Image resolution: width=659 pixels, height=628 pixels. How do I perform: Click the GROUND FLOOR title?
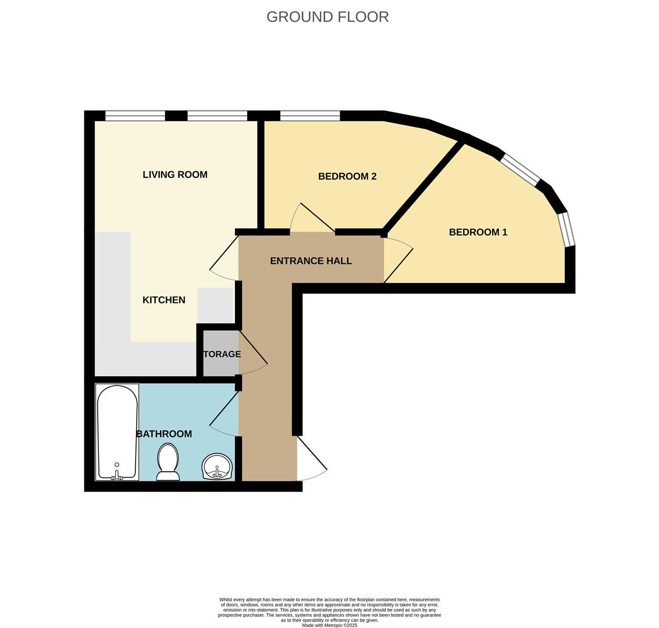pyautogui.click(x=327, y=17)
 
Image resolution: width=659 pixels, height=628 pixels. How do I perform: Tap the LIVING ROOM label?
pyautogui.click(x=174, y=174)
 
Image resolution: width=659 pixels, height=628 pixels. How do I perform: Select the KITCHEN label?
pyautogui.click(x=163, y=300)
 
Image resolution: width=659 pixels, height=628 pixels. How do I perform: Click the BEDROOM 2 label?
pyautogui.click(x=347, y=176)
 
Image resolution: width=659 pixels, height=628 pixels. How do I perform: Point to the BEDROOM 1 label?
pyautogui.click(x=478, y=232)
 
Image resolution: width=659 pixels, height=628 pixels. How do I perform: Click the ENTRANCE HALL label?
pyautogui.click(x=311, y=261)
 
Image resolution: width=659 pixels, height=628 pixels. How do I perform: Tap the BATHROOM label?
pyautogui.click(x=163, y=434)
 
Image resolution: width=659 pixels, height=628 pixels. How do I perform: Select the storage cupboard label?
pyautogui.click(x=221, y=354)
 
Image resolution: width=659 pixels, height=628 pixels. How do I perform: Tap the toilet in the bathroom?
pyautogui.click(x=168, y=462)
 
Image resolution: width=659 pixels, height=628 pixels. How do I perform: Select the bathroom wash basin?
pyautogui.click(x=217, y=466)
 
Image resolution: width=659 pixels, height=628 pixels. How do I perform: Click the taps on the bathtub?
pyautogui.click(x=117, y=476)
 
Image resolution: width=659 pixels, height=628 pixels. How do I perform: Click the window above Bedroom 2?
pyautogui.click(x=309, y=116)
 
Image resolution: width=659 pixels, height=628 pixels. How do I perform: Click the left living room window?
pyautogui.click(x=135, y=116)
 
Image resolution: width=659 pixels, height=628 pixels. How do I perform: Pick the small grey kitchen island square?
pyautogui.click(x=215, y=305)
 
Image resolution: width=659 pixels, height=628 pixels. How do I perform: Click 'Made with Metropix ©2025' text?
pyautogui.click(x=329, y=625)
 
